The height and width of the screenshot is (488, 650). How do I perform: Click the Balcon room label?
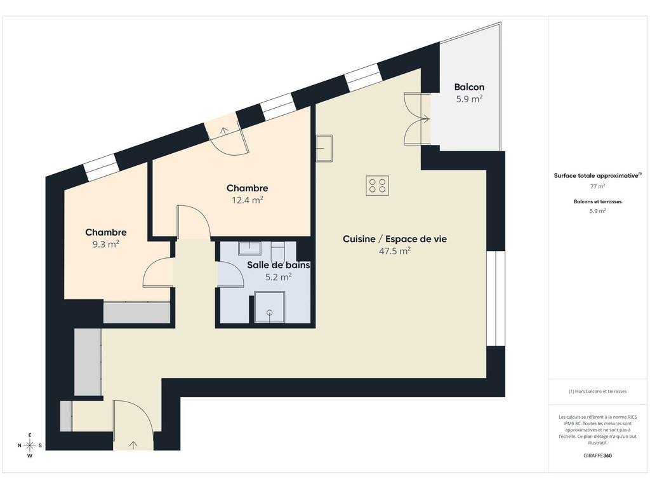click(469, 87)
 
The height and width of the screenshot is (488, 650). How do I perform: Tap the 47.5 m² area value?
click(395, 250)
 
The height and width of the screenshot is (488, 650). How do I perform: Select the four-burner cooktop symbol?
click(377, 186)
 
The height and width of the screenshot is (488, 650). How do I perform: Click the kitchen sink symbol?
click(324, 149)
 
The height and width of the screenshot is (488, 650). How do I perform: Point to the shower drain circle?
click(270, 313)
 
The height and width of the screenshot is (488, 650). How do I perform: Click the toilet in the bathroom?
click(277, 252)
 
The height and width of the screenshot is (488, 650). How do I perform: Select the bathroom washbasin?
click(249, 248)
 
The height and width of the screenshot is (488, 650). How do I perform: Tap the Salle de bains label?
click(279, 265)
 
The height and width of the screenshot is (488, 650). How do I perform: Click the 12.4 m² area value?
click(248, 200)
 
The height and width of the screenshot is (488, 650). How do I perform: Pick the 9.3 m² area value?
click(106, 244)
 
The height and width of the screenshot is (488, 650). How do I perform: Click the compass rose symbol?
click(30, 445)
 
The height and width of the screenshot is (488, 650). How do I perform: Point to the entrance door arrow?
click(133, 445)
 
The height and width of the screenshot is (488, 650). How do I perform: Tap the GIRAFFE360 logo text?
click(597, 455)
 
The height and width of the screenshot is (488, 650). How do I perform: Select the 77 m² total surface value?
click(597, 186)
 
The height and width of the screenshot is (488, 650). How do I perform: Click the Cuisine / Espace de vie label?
click(395, 239)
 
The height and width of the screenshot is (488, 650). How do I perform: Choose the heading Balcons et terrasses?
click(597, 201)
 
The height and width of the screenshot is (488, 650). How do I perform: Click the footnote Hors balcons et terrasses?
click(597, 391)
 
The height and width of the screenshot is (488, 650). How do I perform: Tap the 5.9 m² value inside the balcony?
click(469, 99)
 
